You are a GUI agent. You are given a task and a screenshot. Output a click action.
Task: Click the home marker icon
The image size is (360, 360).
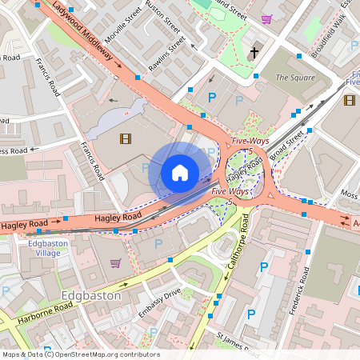tap(180, 172)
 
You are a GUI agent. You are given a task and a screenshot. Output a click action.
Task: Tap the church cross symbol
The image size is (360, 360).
tap(254, 54)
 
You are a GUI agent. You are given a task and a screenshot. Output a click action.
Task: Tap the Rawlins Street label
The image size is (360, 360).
tap(168, 54)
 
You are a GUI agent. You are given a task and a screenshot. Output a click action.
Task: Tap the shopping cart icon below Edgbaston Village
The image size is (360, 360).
tap(115, 262)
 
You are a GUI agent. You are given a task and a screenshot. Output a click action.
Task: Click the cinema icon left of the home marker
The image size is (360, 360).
tap(125, 138)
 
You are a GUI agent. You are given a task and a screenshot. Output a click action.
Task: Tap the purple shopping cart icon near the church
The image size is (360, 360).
tap(266, 18)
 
